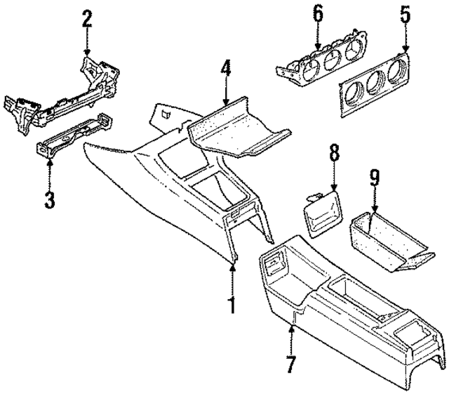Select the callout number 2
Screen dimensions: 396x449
(86, 19)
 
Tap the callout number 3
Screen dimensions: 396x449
(48, 199)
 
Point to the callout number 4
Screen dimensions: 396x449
(224, 68)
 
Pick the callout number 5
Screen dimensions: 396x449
(403, 13)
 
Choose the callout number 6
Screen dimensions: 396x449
(319, 13)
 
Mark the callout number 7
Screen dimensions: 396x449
(291, 364)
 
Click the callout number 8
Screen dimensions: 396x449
(334, 152)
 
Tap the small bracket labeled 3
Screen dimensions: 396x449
(70, 138)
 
